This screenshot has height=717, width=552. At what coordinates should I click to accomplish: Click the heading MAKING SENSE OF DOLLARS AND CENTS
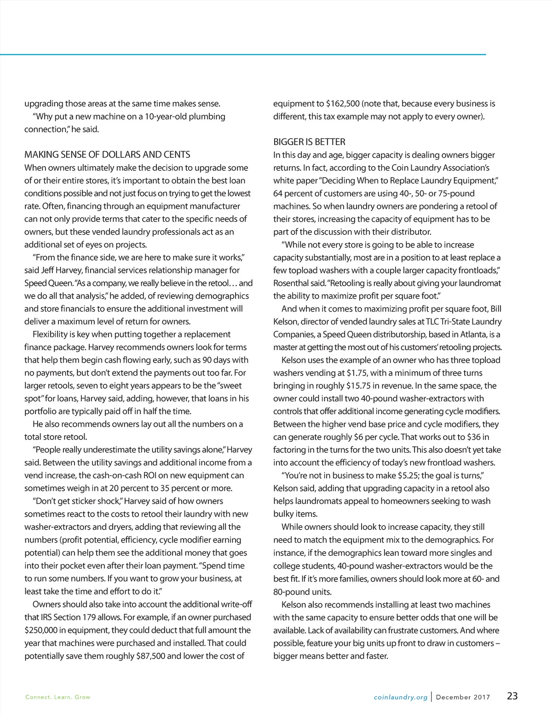(107, 155)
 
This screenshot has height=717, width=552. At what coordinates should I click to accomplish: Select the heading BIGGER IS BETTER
(309, 142)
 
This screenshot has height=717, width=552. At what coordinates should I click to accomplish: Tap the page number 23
(512, 696)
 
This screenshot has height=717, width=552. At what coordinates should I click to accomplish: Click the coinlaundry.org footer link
(401, 697)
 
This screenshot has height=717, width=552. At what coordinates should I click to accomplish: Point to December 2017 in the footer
(463, 697)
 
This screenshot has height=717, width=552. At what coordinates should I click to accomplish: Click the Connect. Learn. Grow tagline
(58, 697)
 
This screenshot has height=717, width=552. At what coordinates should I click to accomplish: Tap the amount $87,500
(150, 656)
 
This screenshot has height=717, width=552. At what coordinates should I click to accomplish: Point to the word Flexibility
(52, 334)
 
